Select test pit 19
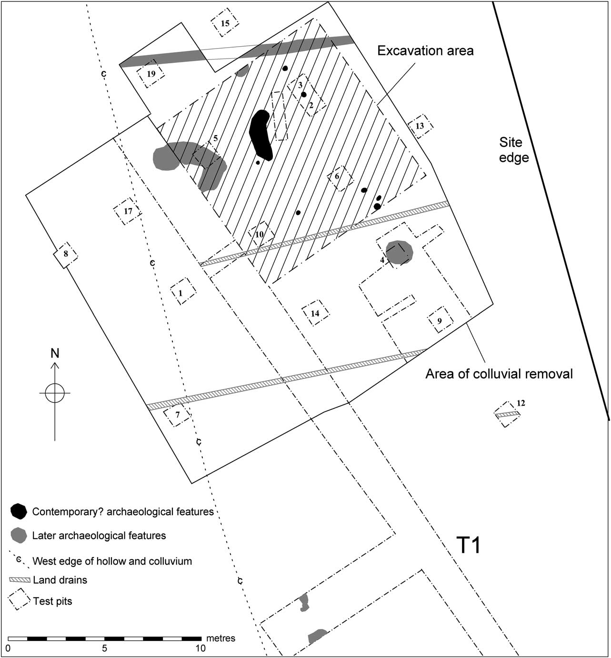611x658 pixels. pos(151,74)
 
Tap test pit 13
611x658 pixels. pos(420,126)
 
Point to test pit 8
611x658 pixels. pos(66,254)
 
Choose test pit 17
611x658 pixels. pos(128,210)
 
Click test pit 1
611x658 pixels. pos(181,292)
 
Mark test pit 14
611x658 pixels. pos(315,313)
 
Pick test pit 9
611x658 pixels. pos(439,320)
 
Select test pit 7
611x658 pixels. pos(177,414)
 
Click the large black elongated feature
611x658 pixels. pos(260,135)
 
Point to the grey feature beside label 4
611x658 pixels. pos(399,252)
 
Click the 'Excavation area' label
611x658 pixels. pos(425,51)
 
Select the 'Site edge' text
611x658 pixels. pos(514,150)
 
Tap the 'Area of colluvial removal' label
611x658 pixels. pos(499,374)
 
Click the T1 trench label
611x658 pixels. pos(468,545)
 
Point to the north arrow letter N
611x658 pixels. pos(55,353)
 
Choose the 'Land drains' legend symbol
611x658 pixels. pos(20,580)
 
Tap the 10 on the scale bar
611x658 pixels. pos(200,648)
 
